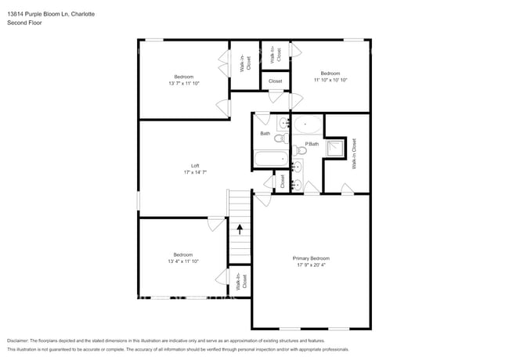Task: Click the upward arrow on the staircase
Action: point(240,229)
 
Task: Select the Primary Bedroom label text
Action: point(311,258)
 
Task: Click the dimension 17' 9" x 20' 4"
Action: point(311,265)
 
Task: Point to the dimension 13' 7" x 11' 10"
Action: point(183,82)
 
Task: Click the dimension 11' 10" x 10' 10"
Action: point(330,79)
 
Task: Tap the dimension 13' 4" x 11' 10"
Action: point(183,260)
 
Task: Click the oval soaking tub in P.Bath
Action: point(306,124)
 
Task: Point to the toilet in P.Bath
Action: point(301,151)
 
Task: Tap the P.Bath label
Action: point(312,144)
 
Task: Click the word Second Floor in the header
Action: point(24,23)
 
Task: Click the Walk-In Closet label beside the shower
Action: point(354,154)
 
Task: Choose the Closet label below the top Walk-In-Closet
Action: point(276,81)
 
